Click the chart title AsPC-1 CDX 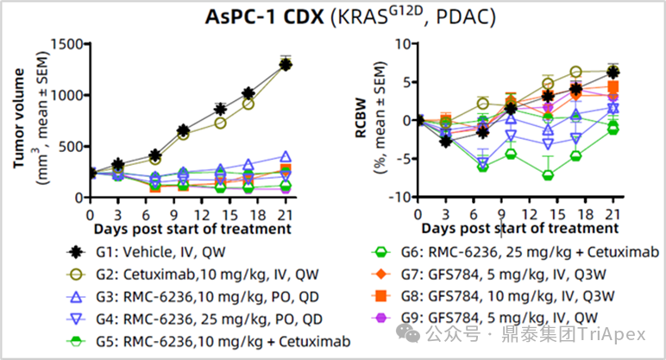click(264, 17)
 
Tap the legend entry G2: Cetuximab click(192, 275)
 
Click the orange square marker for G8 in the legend click(381, 296)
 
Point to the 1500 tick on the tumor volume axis click(67, 44)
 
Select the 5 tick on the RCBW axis click(407, 82)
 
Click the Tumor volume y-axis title click(19, 118)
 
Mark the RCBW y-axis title click(361, 118)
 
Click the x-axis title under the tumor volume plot click(192, 229)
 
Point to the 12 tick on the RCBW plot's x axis click(530, 215)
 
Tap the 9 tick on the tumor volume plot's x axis click(174, 215)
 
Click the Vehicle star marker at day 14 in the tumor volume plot click(220, 110)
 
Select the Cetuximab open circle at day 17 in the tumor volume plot click(248, 104)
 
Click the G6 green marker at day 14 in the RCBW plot click(548, 175)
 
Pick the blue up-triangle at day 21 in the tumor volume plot click(286, 156)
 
